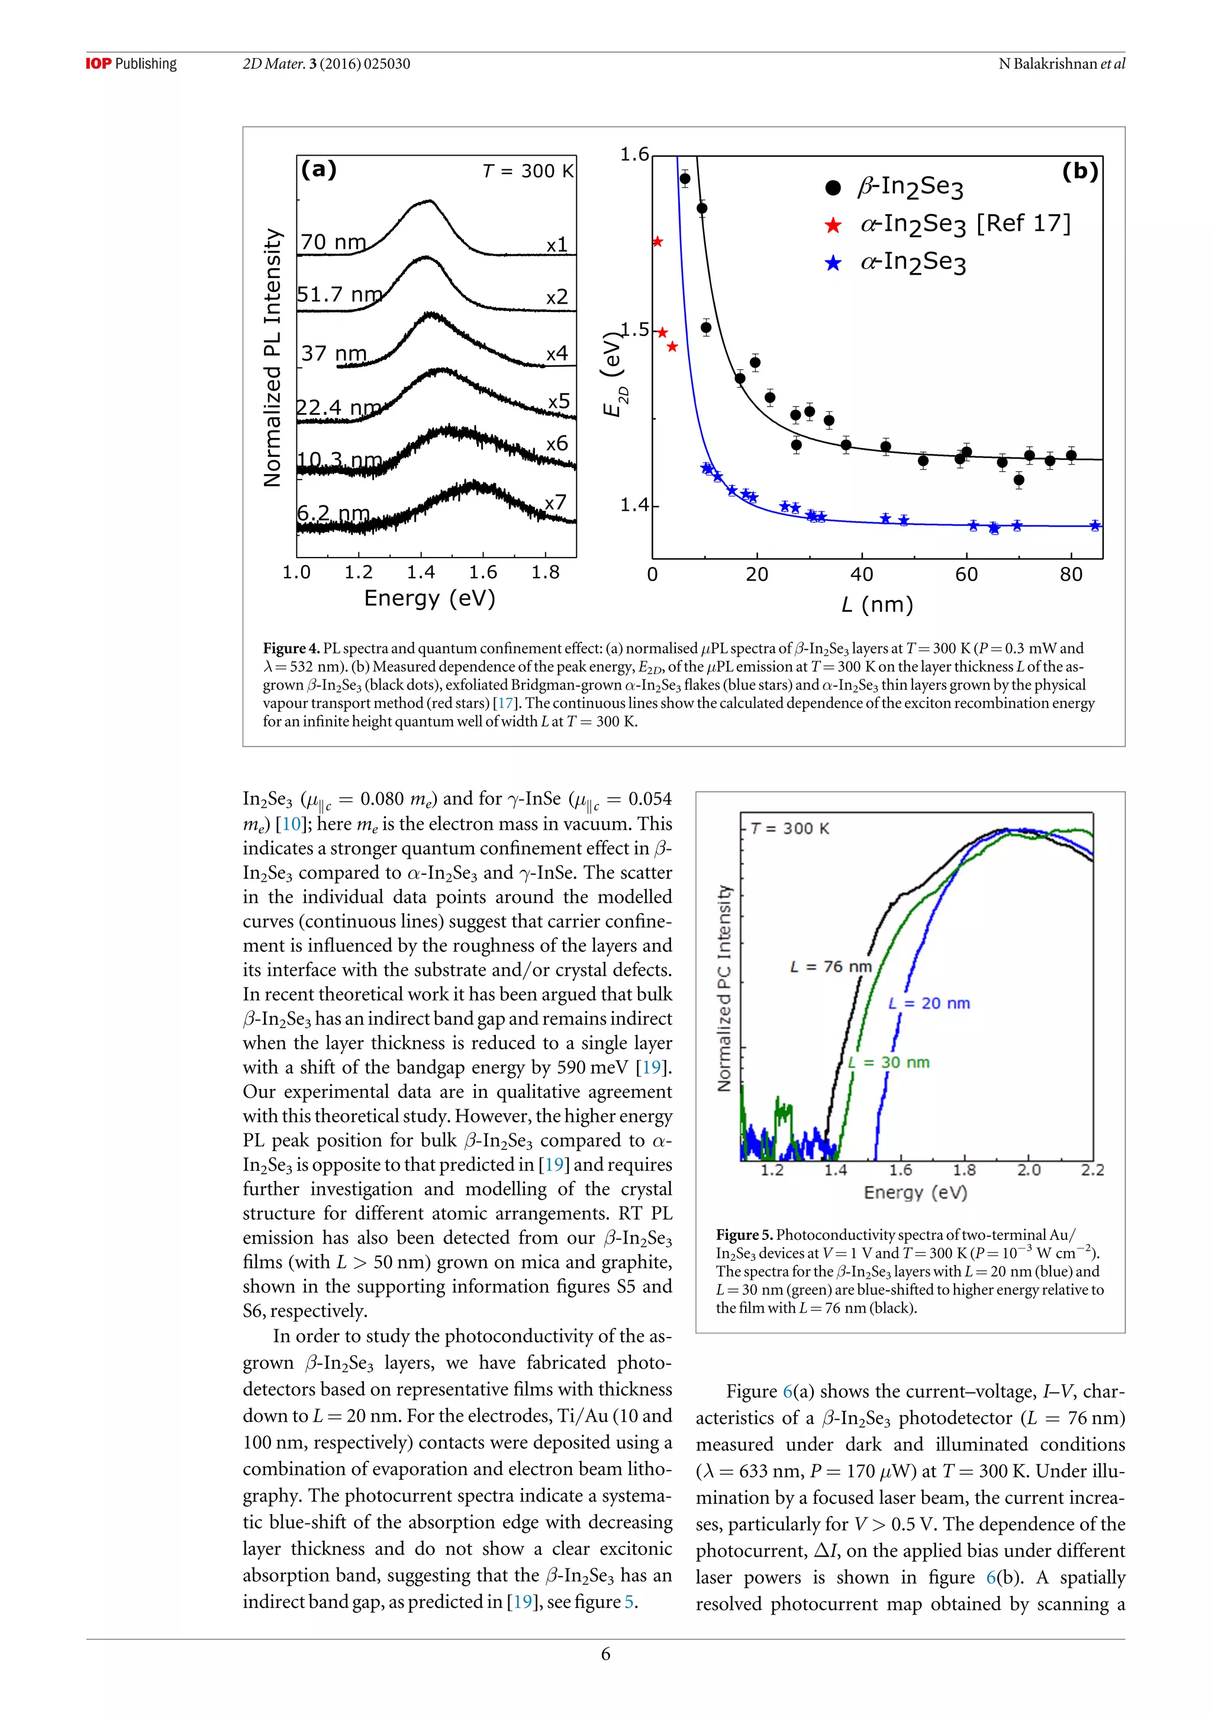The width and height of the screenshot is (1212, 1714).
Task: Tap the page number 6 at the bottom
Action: coord(605,1654)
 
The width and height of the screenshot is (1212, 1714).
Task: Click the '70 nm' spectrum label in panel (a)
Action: coord(333,242)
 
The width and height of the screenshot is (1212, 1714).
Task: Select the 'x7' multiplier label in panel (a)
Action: coord(555,502)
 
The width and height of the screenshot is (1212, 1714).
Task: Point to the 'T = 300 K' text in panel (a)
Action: coord(528,172)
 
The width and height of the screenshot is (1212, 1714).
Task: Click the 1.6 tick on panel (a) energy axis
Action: coord(483,572)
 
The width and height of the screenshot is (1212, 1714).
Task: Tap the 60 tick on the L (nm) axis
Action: coord(966,575)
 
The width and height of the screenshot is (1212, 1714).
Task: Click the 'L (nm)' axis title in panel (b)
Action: coord(877,604)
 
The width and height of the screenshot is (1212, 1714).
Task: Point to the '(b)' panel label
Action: coord(1079,172)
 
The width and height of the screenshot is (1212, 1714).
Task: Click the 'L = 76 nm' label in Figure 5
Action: coord(831,966)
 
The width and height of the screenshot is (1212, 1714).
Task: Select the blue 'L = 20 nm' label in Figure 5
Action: coord(929,1003)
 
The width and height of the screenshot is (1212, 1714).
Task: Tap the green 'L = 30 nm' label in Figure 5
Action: coord(889,1062)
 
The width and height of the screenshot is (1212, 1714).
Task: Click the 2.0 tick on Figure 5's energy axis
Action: coord(1029,1169)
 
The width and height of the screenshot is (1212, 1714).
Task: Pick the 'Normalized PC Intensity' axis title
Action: coord(724,988)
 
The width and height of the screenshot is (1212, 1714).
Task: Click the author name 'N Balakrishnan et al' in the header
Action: coord(1061,64)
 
